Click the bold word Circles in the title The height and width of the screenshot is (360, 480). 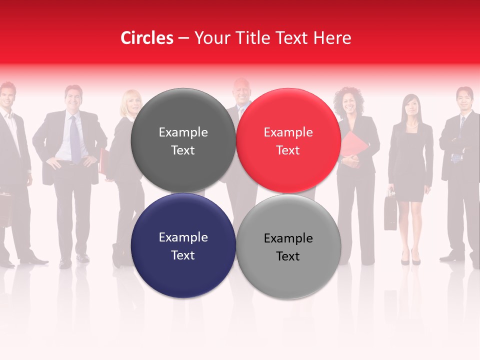tap(146, 38)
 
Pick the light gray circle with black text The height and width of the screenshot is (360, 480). tap(288, 270)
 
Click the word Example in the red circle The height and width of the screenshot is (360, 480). tap(288, 132)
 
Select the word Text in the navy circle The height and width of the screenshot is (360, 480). tap(183, 255)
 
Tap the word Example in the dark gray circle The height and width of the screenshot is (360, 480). tap(183, 132)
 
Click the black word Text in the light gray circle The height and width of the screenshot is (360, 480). tap(288, 256)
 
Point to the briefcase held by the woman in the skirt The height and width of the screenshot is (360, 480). tap(390, 212)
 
